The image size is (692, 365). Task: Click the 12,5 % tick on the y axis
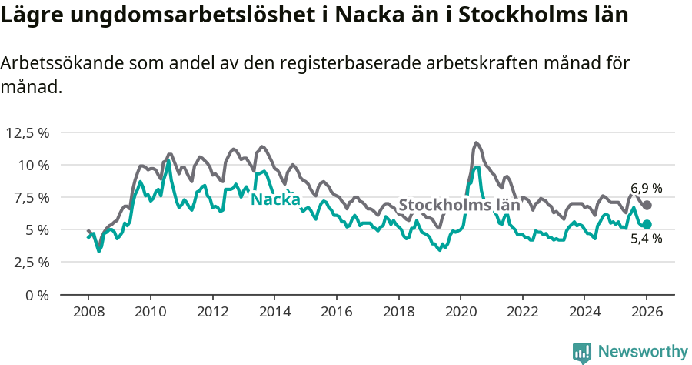28,132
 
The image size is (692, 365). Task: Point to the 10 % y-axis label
33,165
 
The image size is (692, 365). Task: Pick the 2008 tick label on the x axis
88,312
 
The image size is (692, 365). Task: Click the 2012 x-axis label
212,312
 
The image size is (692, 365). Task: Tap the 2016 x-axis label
336,312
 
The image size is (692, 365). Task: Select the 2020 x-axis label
460,312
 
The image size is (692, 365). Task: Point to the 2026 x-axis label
646,312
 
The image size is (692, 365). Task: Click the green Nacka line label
275,199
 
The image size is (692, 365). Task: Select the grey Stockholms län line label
459,206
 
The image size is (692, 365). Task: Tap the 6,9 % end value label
647,188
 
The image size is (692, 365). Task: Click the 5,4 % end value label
647,239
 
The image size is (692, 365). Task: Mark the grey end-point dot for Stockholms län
647,205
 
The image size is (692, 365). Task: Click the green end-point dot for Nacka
647,224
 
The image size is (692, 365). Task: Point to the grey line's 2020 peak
477,142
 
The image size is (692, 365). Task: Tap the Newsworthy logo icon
582,352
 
